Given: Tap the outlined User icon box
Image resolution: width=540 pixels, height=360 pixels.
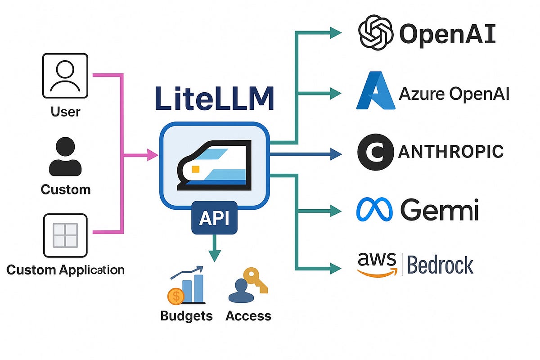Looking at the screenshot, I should [x=65, y=75].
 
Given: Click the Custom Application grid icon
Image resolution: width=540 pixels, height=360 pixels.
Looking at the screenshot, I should [x=65, y=235].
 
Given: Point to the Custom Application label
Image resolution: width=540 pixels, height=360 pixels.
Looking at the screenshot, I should [x=65, y=270].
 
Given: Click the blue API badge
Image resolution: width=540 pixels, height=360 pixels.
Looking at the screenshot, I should [x=214, y=218].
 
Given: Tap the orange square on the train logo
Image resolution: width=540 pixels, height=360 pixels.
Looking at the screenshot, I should [x=195, y=169].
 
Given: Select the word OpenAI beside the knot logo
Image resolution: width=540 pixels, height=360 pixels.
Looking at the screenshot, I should [x=447, y=35].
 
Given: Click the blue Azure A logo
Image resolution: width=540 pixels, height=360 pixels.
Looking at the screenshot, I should [x=375, y=93].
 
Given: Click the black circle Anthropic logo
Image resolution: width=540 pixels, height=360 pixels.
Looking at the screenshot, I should [x=374, y=152].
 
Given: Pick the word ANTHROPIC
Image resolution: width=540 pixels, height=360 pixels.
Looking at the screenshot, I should [x=450, y=152].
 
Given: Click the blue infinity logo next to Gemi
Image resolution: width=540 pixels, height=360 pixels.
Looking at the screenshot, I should [x=374, y=210].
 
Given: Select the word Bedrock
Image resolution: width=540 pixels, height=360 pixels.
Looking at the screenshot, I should [x=440, y=265].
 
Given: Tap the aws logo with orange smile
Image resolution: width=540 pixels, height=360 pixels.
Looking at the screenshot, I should [x=377, y=264].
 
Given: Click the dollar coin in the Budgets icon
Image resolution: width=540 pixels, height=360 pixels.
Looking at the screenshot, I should [x=175, y=296].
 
